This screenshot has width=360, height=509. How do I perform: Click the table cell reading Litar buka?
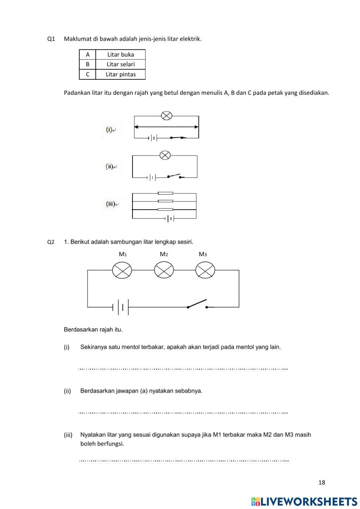(121, 54)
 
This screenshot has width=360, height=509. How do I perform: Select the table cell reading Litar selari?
(121, 64)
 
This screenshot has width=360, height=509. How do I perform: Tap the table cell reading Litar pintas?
(121, 74)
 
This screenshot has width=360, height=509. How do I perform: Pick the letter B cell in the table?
(87, 64)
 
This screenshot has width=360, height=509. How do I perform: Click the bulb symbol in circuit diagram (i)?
(166, 116)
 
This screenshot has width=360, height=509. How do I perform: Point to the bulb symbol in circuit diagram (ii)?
(165, 155)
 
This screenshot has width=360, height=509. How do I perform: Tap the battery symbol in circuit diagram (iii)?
(170, 218)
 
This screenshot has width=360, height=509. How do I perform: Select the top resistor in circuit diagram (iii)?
(165, 193)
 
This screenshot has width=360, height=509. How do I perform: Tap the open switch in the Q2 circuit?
(197, 304)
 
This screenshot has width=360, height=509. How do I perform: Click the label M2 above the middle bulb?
(164, 254)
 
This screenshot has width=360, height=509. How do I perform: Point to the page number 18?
(322, 482)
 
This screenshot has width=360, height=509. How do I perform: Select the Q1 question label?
(51, 39)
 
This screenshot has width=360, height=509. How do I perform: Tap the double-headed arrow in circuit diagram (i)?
(166, 127)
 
